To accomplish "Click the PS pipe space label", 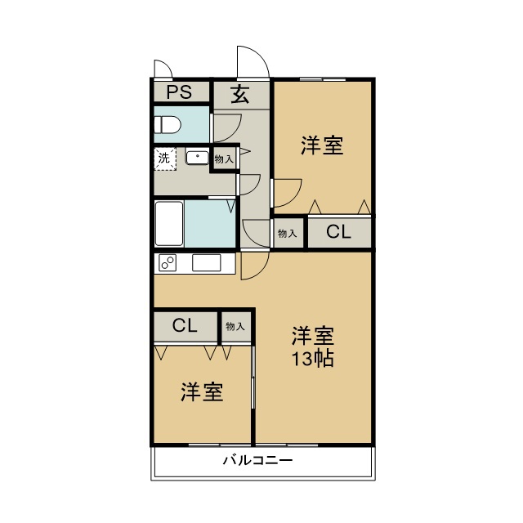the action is click(x=179, y=92).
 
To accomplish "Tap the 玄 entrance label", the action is click(x=240, y=94).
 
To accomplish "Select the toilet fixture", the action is click(x=168, y=125).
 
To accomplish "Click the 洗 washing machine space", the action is click(x=165, y=159).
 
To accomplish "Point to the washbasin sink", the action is click(x=197, y=158).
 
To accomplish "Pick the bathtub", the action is click(x=169, y=223).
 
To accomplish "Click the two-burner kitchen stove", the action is click(x=168, y=262).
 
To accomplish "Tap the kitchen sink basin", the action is click(x=207, y=262).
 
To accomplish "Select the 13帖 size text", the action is click(x=312, y=359).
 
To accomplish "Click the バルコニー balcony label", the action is click(x=258, y=461).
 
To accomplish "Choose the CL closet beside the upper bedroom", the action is click(x=338, y=231).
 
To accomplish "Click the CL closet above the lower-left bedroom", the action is click(x=185, y=325).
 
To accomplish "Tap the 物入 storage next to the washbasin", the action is click(x=224, y=159).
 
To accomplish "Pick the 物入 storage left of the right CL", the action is click(x=287, y=233).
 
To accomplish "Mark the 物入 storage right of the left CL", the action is click(x=235, y=326).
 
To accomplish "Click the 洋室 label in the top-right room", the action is click(x=322, y=145).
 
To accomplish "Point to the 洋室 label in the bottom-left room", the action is click(x=202, y=391).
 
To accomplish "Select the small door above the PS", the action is click(x=163, y=69).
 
